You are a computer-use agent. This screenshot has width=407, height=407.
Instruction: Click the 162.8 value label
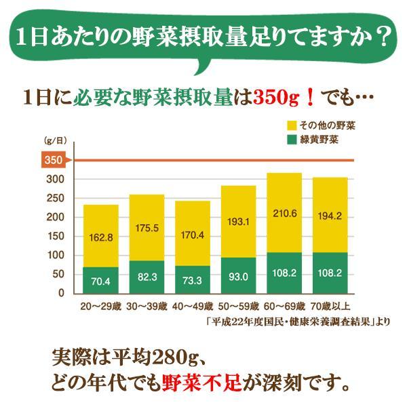(100, 237)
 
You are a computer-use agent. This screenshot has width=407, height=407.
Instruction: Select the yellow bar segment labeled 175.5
(147, 228)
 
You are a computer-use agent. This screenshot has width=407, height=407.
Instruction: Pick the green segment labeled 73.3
(192, 278)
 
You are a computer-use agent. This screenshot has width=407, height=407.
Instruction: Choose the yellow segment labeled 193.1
(238, 222)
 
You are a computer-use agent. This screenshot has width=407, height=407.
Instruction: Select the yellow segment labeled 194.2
(330, 215)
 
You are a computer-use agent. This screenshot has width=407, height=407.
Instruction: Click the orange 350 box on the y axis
(52, 160)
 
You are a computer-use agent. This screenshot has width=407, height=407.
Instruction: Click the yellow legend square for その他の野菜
(293, 125)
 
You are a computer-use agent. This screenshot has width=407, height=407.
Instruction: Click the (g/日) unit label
(54, 141)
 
